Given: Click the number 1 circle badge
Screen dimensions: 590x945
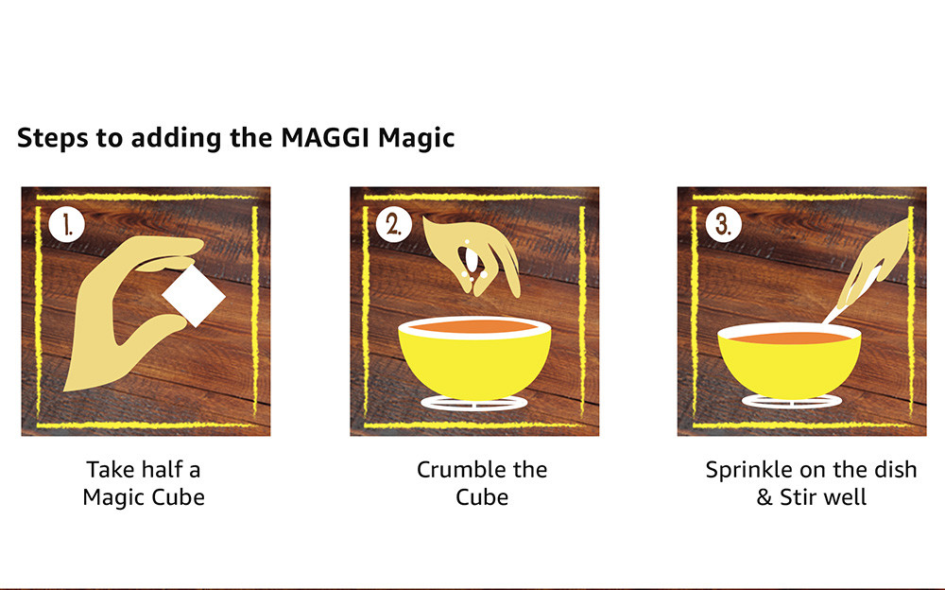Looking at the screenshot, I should pos(67,225).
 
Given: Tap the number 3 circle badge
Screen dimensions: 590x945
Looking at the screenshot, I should pos(723,225).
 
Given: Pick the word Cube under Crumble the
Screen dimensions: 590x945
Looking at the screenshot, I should pos(482,496).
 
